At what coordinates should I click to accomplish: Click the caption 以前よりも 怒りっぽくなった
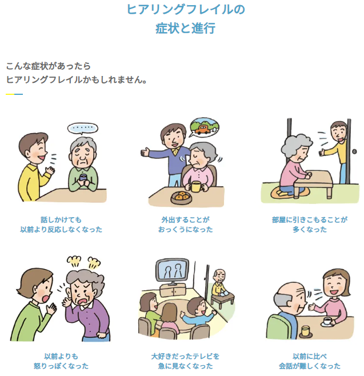coord(61,361)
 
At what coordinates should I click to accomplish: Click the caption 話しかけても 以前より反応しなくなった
coord(61,224)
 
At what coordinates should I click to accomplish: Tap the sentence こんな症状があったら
coord(48,66)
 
